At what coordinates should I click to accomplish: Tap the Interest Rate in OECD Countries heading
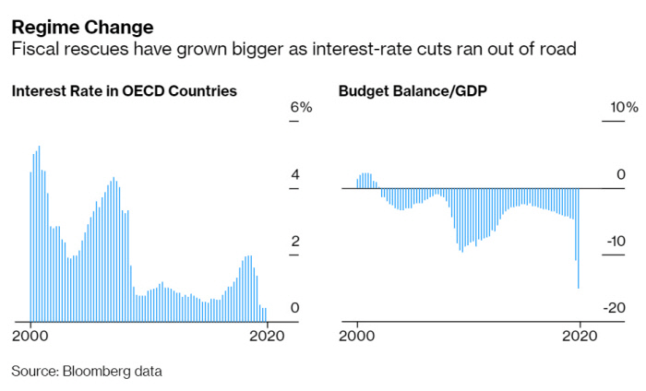pyautogui.click(x=125, y=91)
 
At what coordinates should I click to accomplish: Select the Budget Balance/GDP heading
pyautogui.click(x=399, y=91)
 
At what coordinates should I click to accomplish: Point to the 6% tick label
pyautogui.click(x=302, y=108)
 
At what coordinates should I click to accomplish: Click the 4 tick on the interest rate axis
pyautogui.click(x=295, y=174)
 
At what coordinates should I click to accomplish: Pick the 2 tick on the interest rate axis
pyautogui.click(x=295, y=241)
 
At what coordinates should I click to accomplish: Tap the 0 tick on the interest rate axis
pyautogui.click(x=295, y=307)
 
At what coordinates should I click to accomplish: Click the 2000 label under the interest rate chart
pyautogui.click(x=30, y=336)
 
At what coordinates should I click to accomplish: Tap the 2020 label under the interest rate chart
pyautogui.click(x=266, y=336)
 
